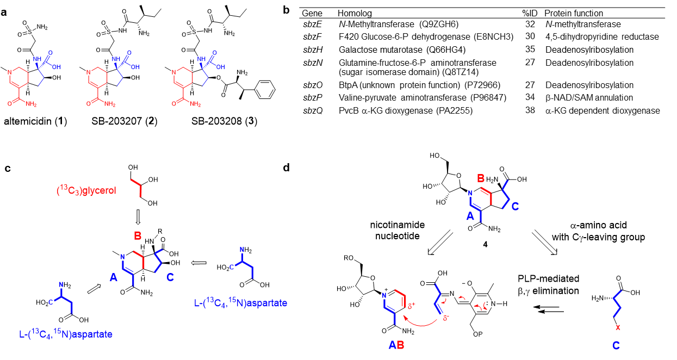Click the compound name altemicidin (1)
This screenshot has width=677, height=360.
coord(35,121)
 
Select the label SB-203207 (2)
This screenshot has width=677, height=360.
coord(125,121)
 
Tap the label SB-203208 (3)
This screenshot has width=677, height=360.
coord(224,121)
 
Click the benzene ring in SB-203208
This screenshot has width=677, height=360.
coord(264,89)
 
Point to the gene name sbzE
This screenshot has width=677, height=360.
coord(312,24)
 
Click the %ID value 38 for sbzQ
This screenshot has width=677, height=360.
coord(530,110)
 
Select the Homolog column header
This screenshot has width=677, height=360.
coord(355,13)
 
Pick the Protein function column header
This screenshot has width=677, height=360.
coord(574,13)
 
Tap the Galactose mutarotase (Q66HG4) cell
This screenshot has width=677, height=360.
coord(402,49)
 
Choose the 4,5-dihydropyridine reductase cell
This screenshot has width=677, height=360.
coord(602,36)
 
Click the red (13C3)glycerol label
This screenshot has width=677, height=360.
coord(86,190)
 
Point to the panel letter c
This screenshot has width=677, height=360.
coord(8,168)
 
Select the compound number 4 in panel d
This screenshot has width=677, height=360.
coord(485,244)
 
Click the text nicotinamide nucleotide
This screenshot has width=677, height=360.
coord(397,231)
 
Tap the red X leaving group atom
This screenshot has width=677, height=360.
coord(618,328)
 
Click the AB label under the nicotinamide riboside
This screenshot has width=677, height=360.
coord(396,345)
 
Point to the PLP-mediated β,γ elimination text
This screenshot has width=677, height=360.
coord(549,285)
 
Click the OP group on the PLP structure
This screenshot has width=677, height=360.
coord(478,334)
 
